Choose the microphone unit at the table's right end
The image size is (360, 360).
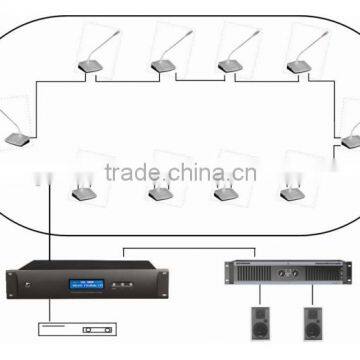coord(351,141)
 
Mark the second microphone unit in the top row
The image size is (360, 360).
coord(162,68)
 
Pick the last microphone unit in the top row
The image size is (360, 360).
coord(298,68)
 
